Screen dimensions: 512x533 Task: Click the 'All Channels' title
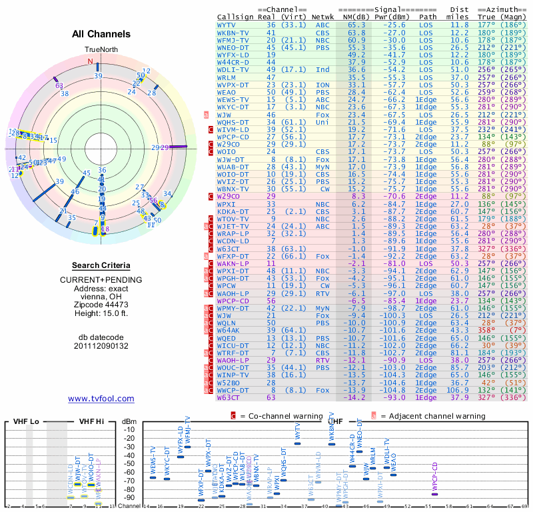point(101,34)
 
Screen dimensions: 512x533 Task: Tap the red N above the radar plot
point(90,61)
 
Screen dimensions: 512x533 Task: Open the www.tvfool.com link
point(101,399)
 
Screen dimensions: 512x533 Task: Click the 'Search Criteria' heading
point(101,265)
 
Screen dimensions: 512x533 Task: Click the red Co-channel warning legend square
point(233,416)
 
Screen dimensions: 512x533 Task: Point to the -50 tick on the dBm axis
point(129,463)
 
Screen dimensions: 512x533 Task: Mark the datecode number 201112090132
point(101,346)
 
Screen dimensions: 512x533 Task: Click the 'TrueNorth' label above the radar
point(101,50)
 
